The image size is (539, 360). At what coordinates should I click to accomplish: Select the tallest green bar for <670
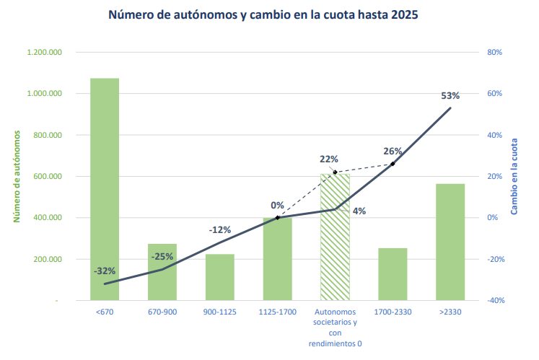(x=105, y=188)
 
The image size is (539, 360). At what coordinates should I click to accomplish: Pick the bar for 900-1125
(x=220, y=278)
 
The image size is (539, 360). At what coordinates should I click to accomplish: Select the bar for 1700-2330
(x=393, y=274)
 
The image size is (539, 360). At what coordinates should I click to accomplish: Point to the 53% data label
(x=450, y=95)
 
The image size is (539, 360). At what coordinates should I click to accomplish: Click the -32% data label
(x=105, y=271)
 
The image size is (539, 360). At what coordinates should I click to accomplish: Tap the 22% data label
(x=329, y=159)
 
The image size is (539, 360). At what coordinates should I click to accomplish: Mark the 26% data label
(x=393, y=152)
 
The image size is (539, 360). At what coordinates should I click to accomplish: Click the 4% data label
(x=359, y=211)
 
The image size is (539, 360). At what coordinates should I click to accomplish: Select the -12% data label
(x=219, y=230)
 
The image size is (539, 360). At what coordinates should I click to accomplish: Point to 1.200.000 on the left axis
(x=45, y=53)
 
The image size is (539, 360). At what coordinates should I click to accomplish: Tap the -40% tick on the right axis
(x=495, y=301)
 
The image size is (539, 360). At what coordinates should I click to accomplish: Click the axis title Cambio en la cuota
(x=514, y=177)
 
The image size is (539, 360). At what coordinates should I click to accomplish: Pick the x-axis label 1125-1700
(x=278, y=312)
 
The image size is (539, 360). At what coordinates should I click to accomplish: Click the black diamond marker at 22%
(x=335, y=172)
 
